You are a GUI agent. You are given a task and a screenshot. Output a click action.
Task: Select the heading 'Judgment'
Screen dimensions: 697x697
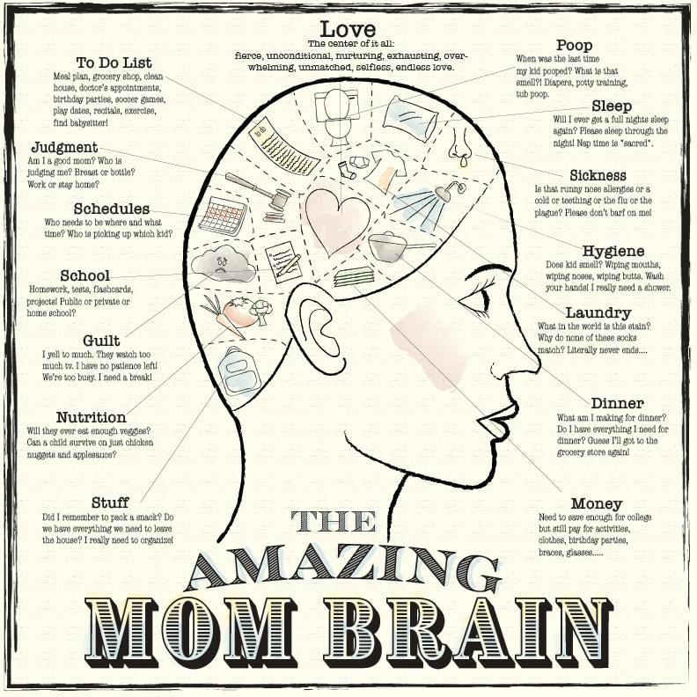point(64,147)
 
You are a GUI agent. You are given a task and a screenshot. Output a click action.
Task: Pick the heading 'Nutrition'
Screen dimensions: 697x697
point(91,416)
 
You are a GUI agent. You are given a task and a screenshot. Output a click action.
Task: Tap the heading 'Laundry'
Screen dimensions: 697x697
point(598,312)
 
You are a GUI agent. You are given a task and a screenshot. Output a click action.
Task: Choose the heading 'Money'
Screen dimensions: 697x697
point(596,503)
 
